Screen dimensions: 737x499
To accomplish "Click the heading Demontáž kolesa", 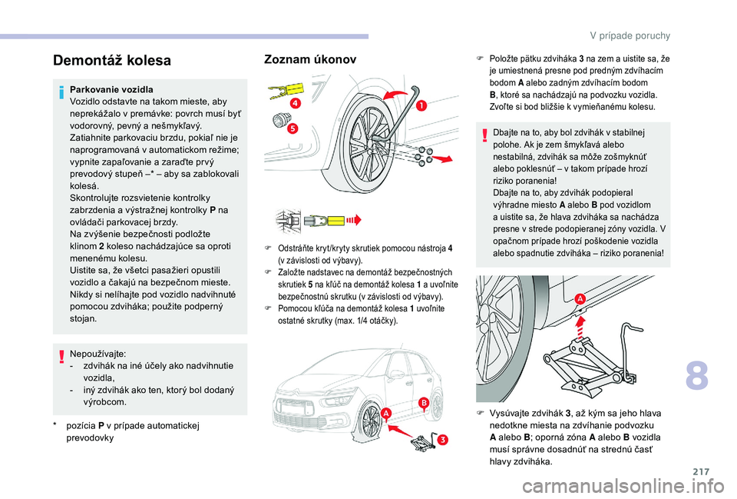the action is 112,61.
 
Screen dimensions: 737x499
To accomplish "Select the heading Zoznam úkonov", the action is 310,59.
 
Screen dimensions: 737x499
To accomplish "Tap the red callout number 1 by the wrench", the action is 421,106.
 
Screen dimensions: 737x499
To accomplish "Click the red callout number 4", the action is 295,104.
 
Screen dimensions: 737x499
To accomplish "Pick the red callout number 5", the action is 292,128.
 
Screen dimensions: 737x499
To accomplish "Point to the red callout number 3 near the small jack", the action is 442,440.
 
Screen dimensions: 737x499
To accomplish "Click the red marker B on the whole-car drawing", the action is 424,403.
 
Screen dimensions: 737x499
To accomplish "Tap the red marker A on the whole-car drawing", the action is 386,413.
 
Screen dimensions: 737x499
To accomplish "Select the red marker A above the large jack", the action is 580,299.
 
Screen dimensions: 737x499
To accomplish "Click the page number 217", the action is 701,471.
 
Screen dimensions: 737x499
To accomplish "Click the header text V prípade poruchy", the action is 630,36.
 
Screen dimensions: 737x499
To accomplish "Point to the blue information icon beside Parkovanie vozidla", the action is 61,93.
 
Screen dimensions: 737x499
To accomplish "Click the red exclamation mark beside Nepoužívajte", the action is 61,358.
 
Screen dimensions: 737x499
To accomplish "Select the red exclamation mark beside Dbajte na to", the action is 484,135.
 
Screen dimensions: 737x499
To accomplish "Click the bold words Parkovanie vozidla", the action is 111,89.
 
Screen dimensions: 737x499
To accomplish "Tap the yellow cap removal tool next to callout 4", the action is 286,90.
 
